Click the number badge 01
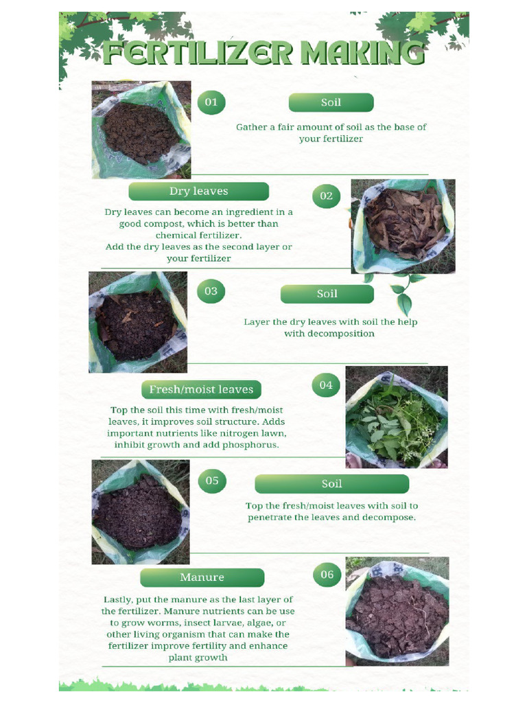point(211,102)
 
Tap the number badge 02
point(327,196)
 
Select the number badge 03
point(211,291)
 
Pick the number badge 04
point(326,385)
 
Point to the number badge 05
point(212,481)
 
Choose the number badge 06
point(327,575)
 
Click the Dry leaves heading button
point(198,192)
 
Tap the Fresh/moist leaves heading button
point(201,389)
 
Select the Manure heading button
point(202,577)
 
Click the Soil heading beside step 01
point(331,103)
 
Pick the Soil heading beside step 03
point(327,294)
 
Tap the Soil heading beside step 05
point(331,484)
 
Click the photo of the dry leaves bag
point(403,227)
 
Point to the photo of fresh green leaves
point(396,417)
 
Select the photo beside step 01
point(141,130)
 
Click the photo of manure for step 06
point(397,611)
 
